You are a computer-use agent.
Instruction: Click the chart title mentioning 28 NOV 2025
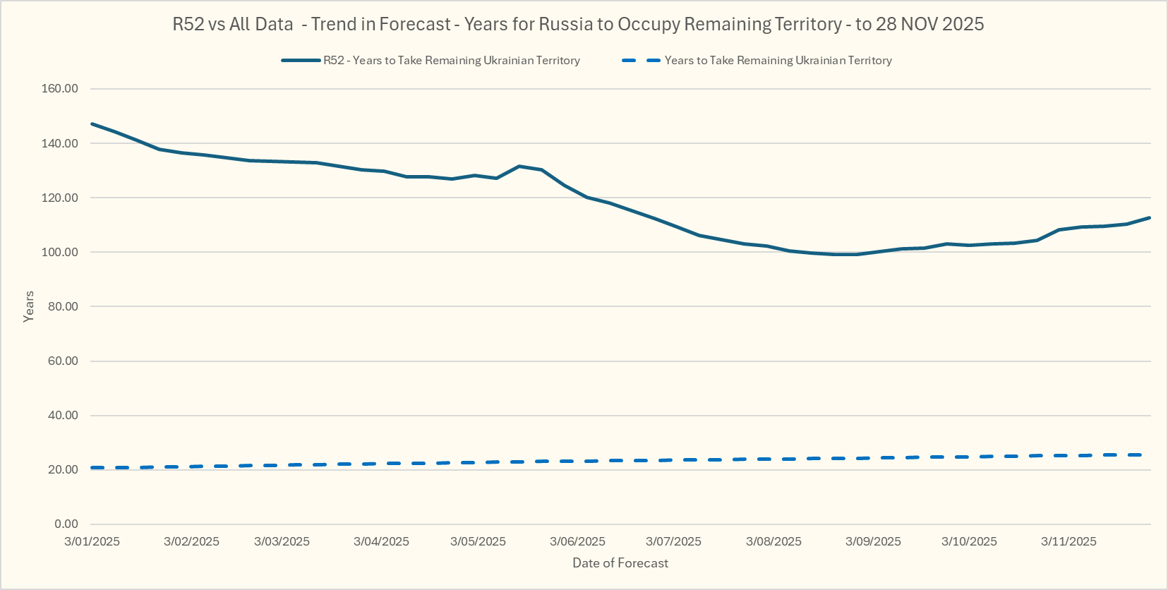[x=578, y=24]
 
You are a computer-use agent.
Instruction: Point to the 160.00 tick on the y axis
[x=60, y=89]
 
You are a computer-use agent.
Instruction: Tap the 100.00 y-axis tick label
[x=60, y=252]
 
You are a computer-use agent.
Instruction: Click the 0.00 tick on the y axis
[x=66, y=524]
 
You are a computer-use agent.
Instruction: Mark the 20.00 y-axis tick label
[x=62, y=469]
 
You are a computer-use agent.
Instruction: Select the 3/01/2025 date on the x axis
[x=92, y=541]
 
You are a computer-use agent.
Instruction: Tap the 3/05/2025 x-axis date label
[x=478, y=541]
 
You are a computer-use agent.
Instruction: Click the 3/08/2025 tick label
[x=773, y=541]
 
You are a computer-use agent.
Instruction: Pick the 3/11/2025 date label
[x=1068, y=541]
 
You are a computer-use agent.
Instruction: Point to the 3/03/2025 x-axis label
[x=282, y=541]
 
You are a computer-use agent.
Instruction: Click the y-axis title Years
[x=29, y=306]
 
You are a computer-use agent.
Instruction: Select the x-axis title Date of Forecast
[x=620, y=563]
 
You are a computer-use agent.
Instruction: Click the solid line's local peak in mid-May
[x=519, y=166]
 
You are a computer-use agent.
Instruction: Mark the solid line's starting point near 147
[x=92, y=124]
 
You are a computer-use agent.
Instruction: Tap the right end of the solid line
[x=1150, y=217]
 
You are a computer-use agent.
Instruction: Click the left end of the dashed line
[x=92, y=468]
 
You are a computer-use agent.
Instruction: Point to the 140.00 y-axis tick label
[x=60, y=143]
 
